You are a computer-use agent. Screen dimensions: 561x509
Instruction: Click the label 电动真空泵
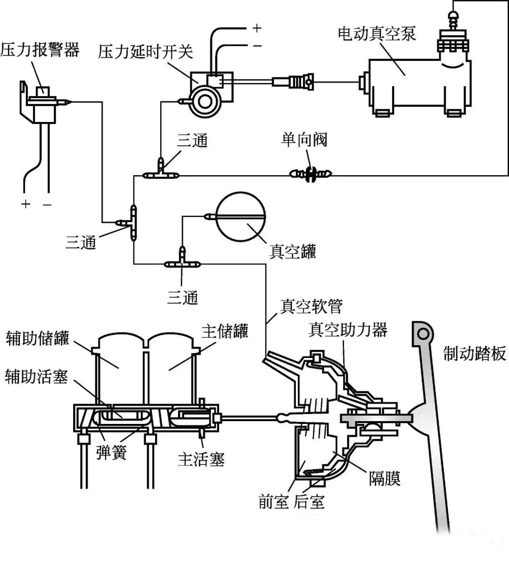click(x=377, y=34)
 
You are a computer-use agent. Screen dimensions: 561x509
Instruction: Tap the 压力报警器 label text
click(x=40, y=49)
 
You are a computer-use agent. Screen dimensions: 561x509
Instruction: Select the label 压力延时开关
click(x=146, y=51)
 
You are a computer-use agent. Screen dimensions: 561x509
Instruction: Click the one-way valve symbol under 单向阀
click(x=310, y=174)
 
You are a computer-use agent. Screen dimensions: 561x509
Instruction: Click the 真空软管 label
click(x=311, y=306)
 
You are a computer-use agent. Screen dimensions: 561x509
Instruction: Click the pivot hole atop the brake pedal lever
click(x=423, y=334)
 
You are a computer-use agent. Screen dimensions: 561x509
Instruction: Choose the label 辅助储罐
click(x=37, y=339)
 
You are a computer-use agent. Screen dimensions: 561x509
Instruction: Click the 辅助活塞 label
click(x=36, y=376)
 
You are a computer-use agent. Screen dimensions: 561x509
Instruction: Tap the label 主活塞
click(x=201, y=458)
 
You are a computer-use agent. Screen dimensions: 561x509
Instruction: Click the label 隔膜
click(x=385, y=479)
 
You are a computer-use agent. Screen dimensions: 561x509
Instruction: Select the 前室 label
click(x=273, y=502)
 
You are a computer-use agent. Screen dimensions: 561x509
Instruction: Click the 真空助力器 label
click(x=348, y=329)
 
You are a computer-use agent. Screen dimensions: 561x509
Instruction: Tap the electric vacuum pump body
click(x=408, y=85)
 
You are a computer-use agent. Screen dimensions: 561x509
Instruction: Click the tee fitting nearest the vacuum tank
click(x=182, y=262)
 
